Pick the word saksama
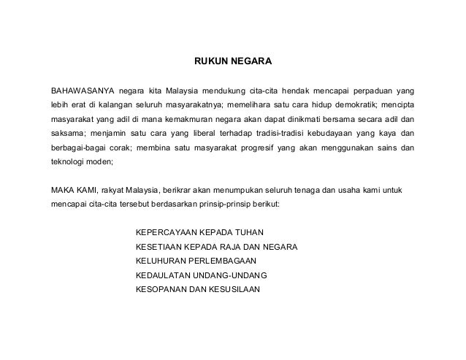coord(66,134)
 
